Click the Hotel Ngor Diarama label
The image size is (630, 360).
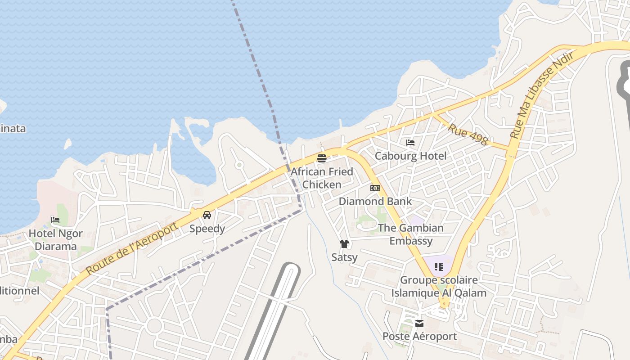pos(55,240)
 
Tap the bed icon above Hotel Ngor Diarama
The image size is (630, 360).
pos(55,220)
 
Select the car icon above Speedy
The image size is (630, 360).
pos(207,215)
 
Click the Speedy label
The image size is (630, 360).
pos(207,229)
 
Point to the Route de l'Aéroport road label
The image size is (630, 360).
pos(131,249)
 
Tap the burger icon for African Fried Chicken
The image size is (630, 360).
pos(321,158)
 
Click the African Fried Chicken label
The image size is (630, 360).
pos(322,178)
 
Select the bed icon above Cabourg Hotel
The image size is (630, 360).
pos(410,143)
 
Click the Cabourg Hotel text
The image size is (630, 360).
pos(410,156)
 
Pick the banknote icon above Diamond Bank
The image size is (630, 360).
pos(375,188)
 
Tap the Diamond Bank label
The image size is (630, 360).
pos(375,201)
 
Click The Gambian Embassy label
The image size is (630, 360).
pos(410,234)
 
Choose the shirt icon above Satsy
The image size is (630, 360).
pos(344,244)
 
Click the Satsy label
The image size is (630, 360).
pos(344,257)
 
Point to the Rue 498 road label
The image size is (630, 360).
pos(468,134)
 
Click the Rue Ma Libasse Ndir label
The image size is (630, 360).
pos(542,95)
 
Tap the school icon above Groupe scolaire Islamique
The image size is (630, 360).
pos(439,266)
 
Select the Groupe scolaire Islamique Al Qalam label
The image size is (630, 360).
pos(439,286)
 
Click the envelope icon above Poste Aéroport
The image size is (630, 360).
pos(419,323)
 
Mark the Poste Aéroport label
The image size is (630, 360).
pos(419,336)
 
